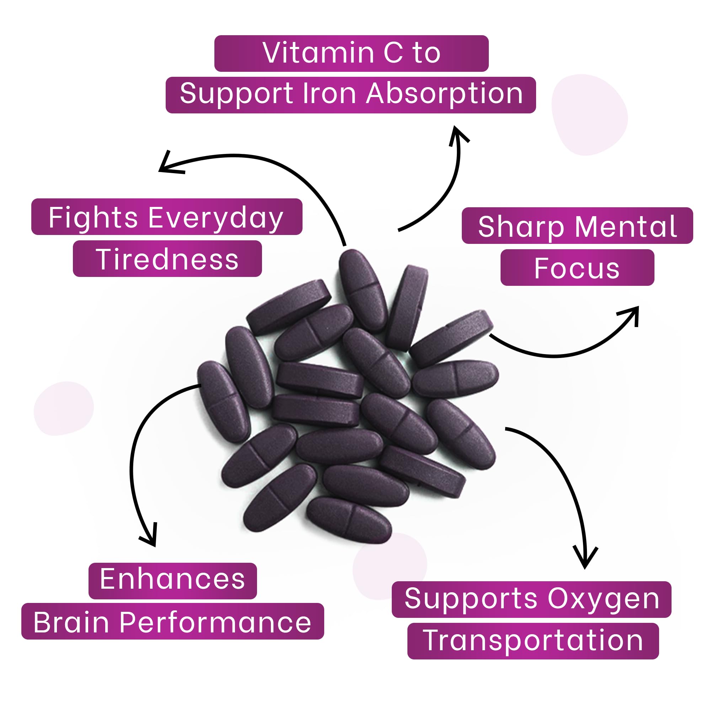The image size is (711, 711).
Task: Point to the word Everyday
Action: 216,218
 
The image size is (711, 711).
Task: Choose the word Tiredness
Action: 167,259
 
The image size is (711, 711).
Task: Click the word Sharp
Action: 521,227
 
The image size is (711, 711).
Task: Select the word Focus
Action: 577,268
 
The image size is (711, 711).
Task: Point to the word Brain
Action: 71,623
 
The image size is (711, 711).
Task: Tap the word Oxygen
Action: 603,599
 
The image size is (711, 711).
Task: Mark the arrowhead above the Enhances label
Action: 151,539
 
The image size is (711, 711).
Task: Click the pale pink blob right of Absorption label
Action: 589,114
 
